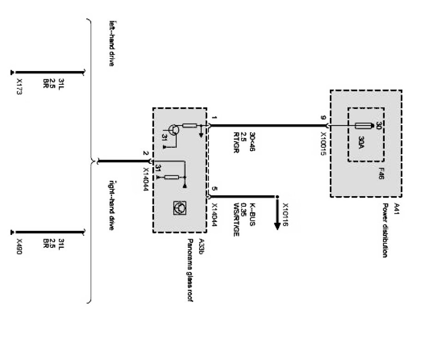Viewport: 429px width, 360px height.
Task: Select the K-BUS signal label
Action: [252, 210]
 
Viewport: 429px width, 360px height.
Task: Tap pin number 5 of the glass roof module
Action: [214, 189]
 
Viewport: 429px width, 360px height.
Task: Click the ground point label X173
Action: [19, 86]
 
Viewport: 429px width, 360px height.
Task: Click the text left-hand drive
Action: [111, 43]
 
